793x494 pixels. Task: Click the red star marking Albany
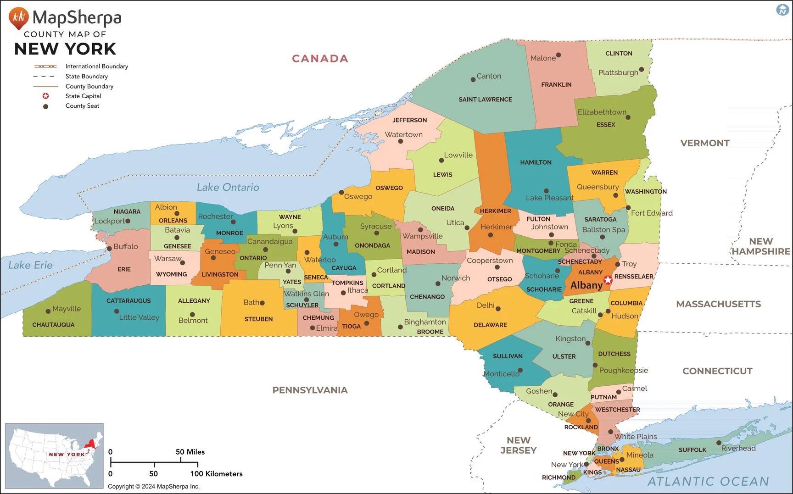coord(608,280)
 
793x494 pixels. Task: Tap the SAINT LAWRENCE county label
coord(485,99)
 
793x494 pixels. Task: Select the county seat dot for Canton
coord(473,79)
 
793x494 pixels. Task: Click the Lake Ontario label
coord(228,187)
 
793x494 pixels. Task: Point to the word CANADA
coord(320,59)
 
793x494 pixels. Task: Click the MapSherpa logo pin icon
coord(18,18)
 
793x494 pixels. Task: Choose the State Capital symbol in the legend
coord(45,96)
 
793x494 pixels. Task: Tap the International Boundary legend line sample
coord(45,67)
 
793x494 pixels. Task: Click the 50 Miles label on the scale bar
coord(190,452)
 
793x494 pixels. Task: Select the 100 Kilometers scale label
coord(216,474)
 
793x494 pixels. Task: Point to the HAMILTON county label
coord(536,162)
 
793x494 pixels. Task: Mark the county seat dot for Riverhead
coord(719,443)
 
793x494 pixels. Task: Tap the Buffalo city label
coord(125,246)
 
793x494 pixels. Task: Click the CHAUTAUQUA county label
coord(53,325)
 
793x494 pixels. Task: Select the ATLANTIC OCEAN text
coord(708,481)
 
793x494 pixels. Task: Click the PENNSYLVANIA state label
coord(310,390)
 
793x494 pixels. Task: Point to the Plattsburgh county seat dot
coord(641,70)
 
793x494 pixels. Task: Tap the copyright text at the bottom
coord(154,486)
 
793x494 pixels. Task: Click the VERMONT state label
coord(704,143)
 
